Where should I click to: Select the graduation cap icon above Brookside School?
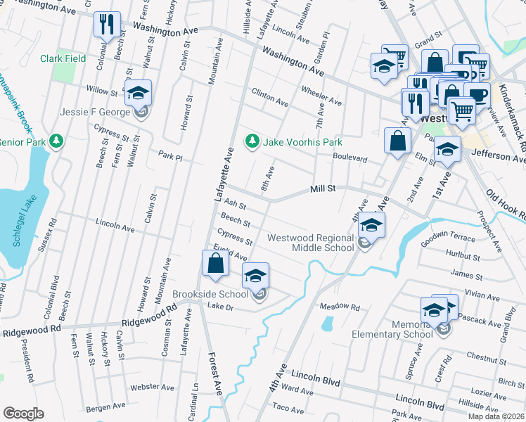point(255,275)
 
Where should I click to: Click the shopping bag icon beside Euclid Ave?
point(215,264)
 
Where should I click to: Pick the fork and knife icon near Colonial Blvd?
point(107,24)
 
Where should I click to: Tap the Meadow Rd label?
point(340,307)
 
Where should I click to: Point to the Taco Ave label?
point(288,407)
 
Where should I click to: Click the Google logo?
point(23,414)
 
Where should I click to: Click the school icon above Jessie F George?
point(139,92)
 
